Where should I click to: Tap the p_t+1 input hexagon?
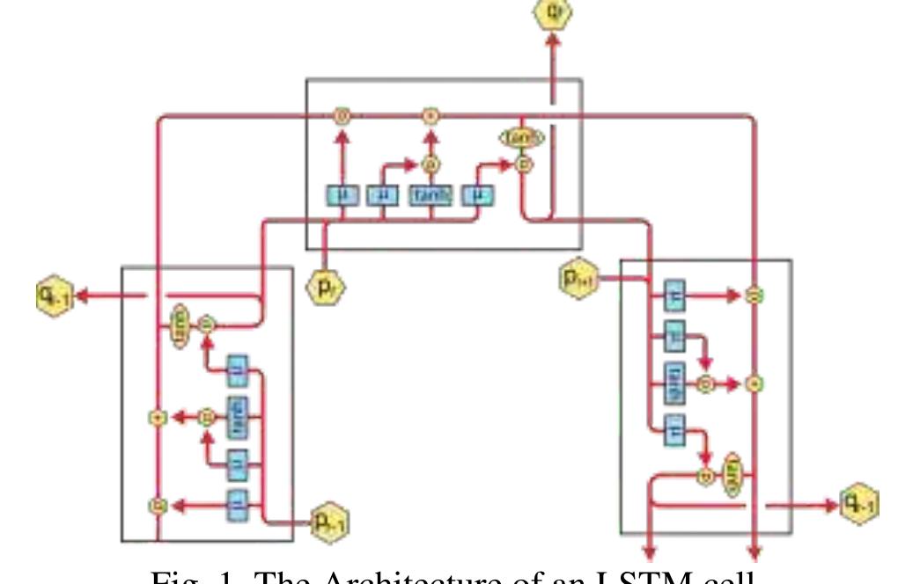(x=579, y=279)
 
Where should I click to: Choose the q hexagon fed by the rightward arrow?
(x=858, y=505)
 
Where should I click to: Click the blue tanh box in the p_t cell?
(x=431, y=194)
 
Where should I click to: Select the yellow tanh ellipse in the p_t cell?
(x=522, y=138)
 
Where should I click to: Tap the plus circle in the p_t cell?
(x=431, y=115)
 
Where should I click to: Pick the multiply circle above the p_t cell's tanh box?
(x=431, y=164)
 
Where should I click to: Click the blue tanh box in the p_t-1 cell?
(x=238, y=416)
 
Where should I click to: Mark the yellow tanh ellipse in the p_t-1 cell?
(x=179, y=326)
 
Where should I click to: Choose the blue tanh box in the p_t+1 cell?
(x=673, y=383)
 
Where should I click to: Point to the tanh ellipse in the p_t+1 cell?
(x=732, y=473)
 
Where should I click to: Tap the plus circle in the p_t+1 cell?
(x=754, y=383)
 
